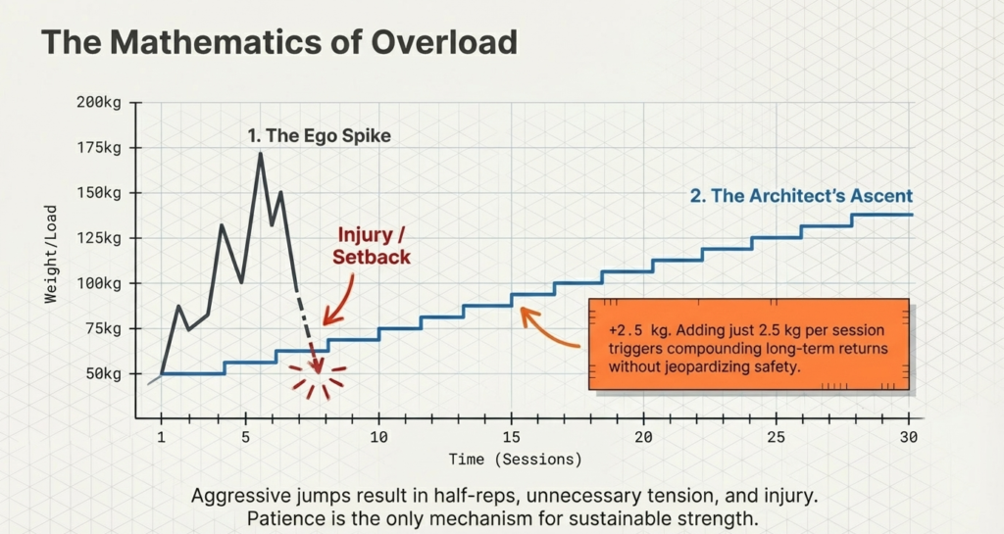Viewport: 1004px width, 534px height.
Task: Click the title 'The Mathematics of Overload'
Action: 278,42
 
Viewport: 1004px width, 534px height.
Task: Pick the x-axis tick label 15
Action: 511,436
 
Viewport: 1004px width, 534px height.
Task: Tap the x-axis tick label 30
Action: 908,436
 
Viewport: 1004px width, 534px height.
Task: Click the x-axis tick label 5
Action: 246,436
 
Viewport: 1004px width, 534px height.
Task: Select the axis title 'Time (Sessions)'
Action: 515,459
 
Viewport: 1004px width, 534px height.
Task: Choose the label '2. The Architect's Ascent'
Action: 801,196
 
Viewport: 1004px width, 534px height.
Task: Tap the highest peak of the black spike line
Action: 260,153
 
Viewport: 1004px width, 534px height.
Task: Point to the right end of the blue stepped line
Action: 912,215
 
